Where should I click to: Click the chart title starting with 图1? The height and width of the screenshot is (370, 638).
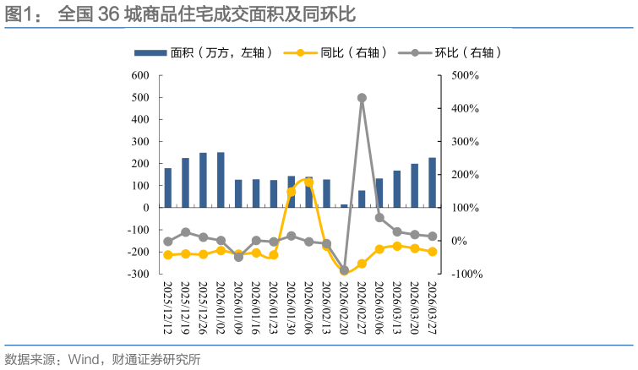tap(180, 14)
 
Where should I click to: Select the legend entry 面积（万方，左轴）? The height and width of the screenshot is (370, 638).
tap(203, 53)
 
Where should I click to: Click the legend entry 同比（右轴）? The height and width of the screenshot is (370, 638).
tap(335, 53)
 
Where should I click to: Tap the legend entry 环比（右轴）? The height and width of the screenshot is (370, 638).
tap(450, 53)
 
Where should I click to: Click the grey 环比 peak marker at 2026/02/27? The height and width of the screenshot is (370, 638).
tap(363, 98)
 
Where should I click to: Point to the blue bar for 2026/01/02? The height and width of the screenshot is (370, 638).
tap(221, 180)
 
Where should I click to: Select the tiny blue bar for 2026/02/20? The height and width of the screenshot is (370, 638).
tap(344, 206)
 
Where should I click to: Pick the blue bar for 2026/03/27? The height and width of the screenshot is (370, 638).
tap(432, 182)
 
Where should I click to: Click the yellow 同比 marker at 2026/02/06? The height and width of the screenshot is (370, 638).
tap(308, 182)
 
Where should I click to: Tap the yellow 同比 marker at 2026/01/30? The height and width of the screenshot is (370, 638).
tap(292, 192)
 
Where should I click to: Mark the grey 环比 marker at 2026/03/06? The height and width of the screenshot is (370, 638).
tap(379, 218)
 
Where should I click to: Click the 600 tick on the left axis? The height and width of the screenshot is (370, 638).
tap(140, 76)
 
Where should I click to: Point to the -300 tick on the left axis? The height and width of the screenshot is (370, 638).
tap(138, 274)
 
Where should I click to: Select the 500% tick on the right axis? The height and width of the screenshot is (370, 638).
tap(465, 76)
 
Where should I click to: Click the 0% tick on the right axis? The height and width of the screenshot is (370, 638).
tap(459, 241)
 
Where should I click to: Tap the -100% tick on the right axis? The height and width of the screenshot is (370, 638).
tap(467, 274)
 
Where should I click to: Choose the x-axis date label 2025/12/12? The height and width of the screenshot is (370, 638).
tap(167, 307)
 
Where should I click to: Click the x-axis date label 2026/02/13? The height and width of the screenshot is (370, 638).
tap(326, 307)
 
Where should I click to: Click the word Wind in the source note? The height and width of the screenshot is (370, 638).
tap(84, 359)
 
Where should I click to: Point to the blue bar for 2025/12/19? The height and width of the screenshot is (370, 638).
tap(186, 183)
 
